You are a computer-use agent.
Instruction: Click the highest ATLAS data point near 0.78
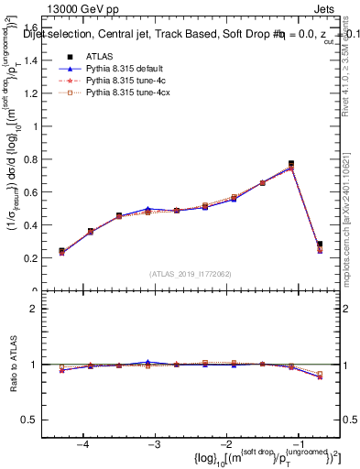click(290, 164)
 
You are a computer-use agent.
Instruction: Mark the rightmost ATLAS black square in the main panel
click(319, 245)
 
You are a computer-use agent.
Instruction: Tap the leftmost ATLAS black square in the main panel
click(61, 251)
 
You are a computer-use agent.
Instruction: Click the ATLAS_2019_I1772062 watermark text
click(190, 273)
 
